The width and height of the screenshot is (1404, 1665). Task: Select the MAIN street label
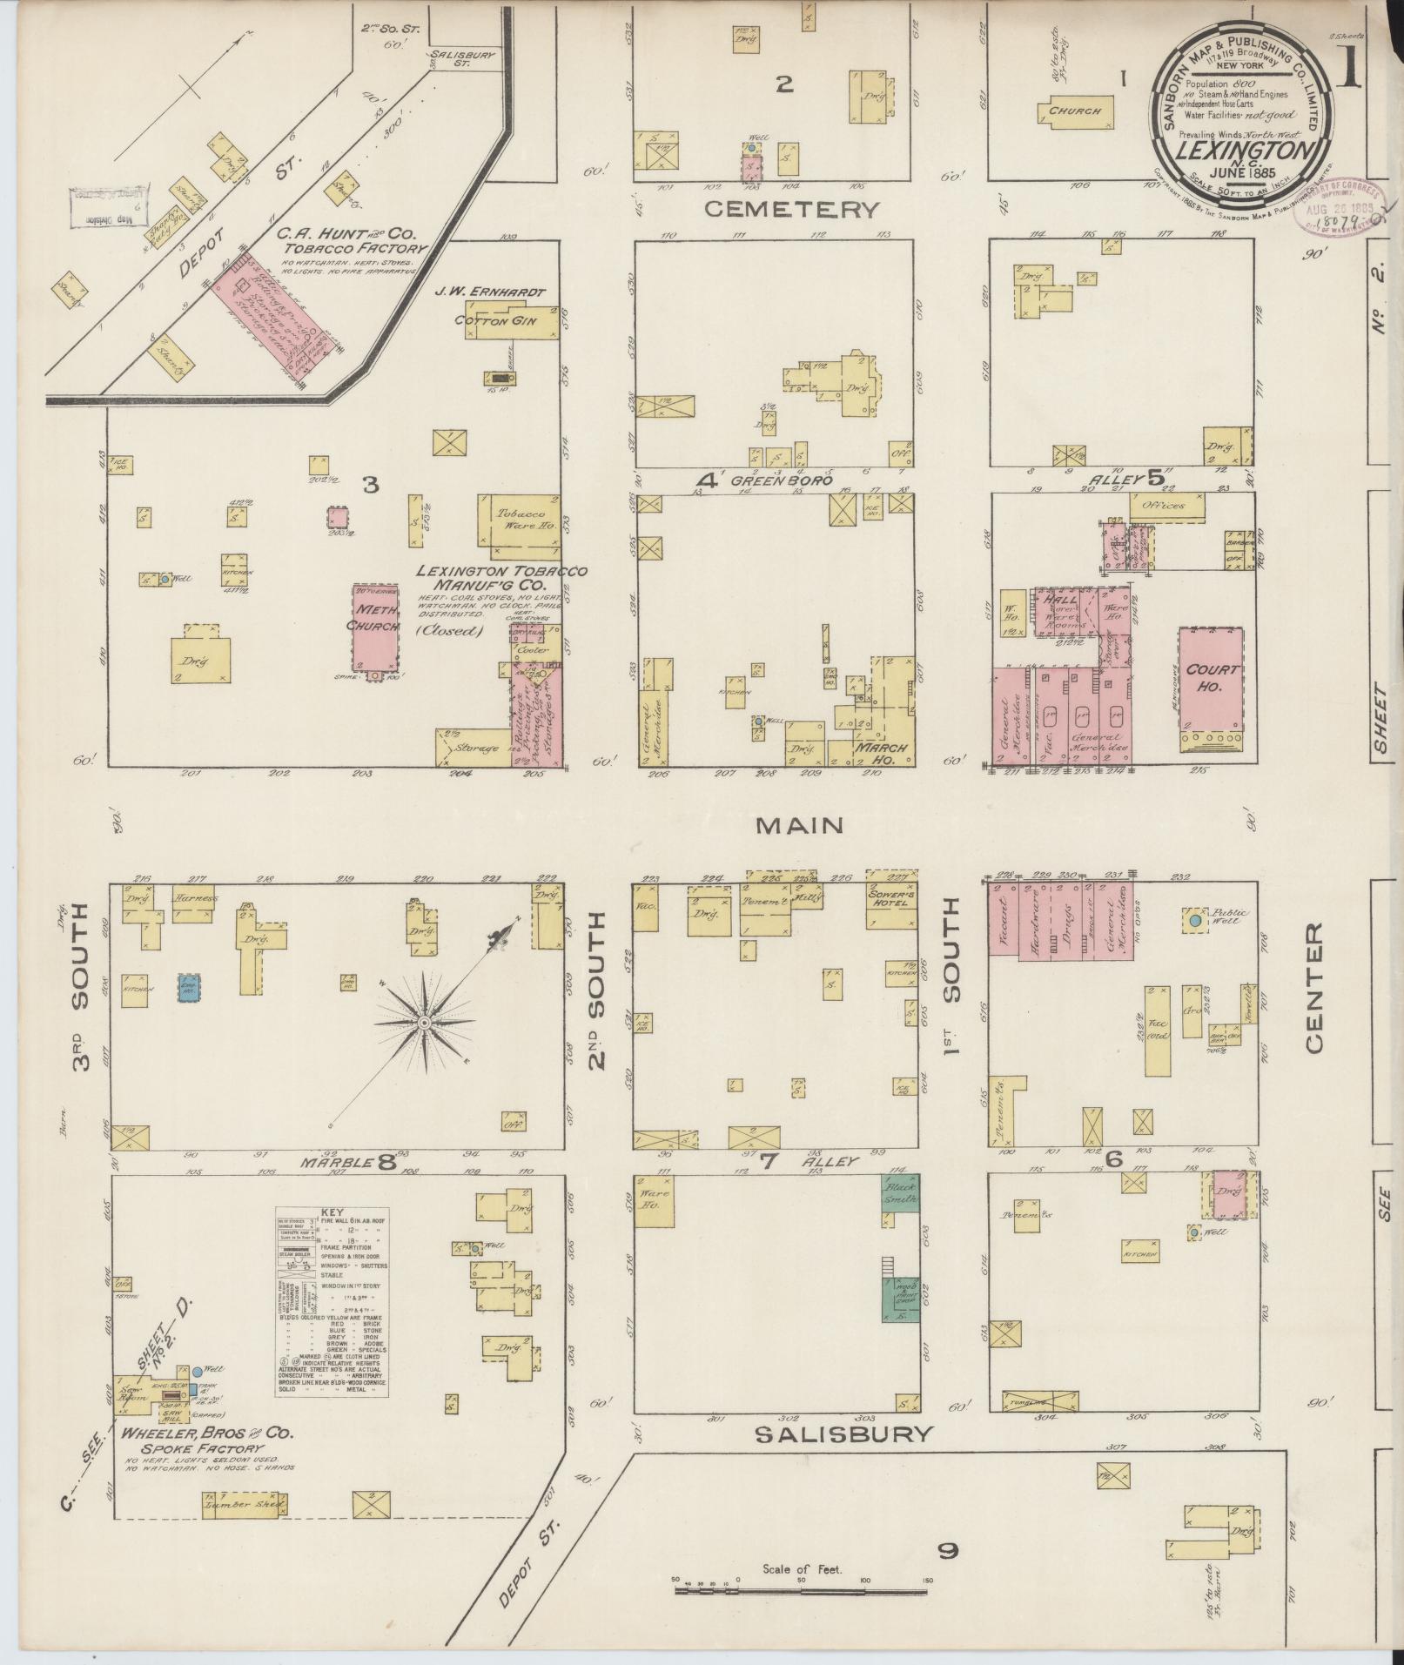click(799, 825)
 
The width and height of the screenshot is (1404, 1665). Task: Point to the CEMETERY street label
click(791, 209)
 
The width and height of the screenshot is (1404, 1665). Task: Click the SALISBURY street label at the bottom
click(843, 1433)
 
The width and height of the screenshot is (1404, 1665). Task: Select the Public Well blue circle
click(1195, 920)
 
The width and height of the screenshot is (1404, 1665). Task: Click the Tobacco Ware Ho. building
click(517, 521)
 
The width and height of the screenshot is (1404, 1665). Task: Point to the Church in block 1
click(1075, 112)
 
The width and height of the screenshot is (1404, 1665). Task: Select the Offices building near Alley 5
click(1167, 506)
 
